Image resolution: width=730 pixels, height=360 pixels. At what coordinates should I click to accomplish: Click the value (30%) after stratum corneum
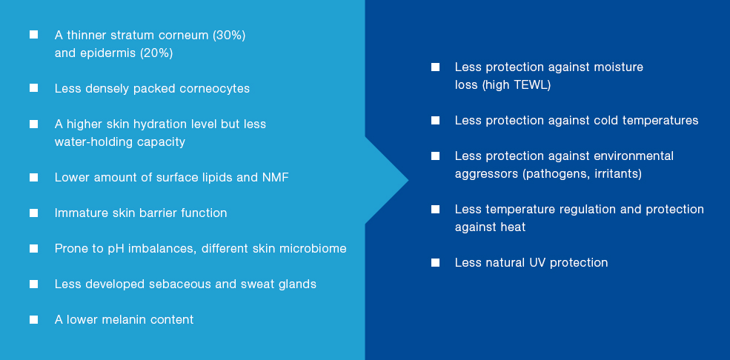click(229, 36)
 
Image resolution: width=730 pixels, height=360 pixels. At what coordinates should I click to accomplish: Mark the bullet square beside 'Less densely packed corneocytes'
click(33, 88)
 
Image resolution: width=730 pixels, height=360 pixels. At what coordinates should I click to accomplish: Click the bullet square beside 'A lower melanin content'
click(33, 319)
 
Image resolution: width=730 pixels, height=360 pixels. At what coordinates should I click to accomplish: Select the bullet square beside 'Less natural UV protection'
click(435, 262)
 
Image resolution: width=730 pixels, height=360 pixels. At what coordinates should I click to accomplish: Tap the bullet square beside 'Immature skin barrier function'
click(33, 213)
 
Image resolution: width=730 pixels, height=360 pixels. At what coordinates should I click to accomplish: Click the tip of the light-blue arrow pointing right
click(408, 180)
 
